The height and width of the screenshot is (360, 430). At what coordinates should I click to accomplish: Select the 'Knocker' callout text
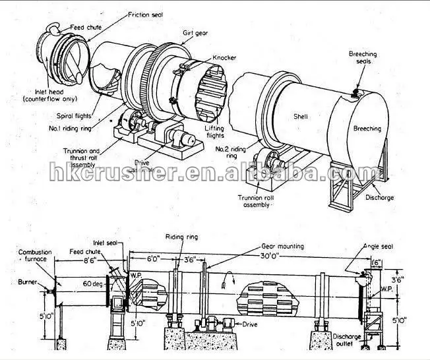click(x=224, y=58)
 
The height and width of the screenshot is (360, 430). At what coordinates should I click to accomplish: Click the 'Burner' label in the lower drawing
click(x=25, y=282)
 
